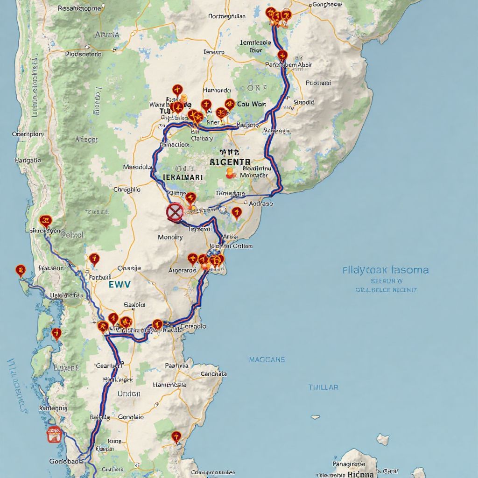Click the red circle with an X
(175, 212)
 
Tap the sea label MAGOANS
(267, 360)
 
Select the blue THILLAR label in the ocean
(323, 387)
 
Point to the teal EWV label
(119, 284)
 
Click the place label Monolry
(170, 237)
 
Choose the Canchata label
(213, 374)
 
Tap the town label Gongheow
(326, 4)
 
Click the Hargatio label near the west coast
(28, 160)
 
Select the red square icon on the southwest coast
(55, 435)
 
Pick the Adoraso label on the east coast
(261, 204)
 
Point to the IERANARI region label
(183, 178)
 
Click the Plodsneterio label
(83, 54)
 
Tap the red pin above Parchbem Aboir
(282, 56)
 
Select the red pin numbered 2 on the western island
(20, 270)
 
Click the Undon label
(129, 394)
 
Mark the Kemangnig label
(53, 408)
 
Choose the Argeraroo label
(182, 270)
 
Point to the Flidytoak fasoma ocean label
(386, 270)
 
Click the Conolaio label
(131, 417)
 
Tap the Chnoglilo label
(127, 190)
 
